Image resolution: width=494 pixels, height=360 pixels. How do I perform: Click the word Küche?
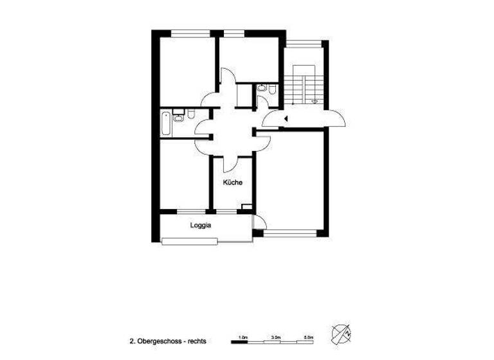point(232,183)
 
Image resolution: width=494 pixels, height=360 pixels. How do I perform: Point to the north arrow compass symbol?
point(341,334)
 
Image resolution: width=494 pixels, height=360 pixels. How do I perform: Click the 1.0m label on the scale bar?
point(243,337)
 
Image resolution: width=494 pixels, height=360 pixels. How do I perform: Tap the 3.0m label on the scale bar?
point(275,337)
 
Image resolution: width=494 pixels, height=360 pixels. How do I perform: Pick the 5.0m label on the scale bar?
point(308,337)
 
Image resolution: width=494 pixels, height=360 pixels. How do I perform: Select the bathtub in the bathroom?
point(165,123)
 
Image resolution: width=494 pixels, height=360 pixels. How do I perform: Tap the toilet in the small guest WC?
point(273,90)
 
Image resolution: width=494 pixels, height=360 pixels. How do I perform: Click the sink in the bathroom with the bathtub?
point(179,116)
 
